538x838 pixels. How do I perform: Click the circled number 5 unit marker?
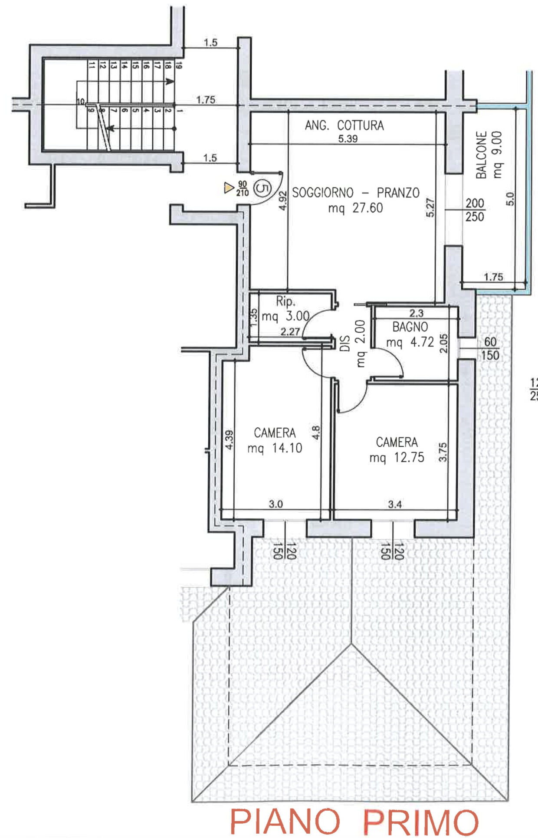click(x=262, y=189)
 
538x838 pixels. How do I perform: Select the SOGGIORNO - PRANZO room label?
click(x=356, y=193)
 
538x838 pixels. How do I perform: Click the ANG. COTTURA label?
click(x=344, y=125)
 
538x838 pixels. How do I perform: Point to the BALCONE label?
click(x=481, y=154)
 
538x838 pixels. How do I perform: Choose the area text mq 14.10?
click(x=275, y=448)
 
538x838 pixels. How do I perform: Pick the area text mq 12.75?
click(x=397, y=458)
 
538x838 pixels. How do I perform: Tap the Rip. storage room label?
click(x=285, y=301)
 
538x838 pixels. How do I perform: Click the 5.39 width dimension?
click(x=348, y=139)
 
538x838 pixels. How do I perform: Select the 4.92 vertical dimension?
click(x=283, y=201)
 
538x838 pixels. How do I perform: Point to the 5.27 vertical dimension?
click(x=430, y=207)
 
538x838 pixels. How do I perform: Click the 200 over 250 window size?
click(x=475, y=210)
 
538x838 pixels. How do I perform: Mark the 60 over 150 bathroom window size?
click(x=490, y=348)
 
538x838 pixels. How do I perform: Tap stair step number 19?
click(x=179, y=65)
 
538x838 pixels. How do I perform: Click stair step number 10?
click(x=81, y=101)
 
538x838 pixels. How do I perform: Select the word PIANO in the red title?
click(x=285, y=821)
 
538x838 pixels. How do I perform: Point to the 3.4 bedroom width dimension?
click(x=395, y=504)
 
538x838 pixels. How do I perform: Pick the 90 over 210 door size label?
click(x=242, y=189)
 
